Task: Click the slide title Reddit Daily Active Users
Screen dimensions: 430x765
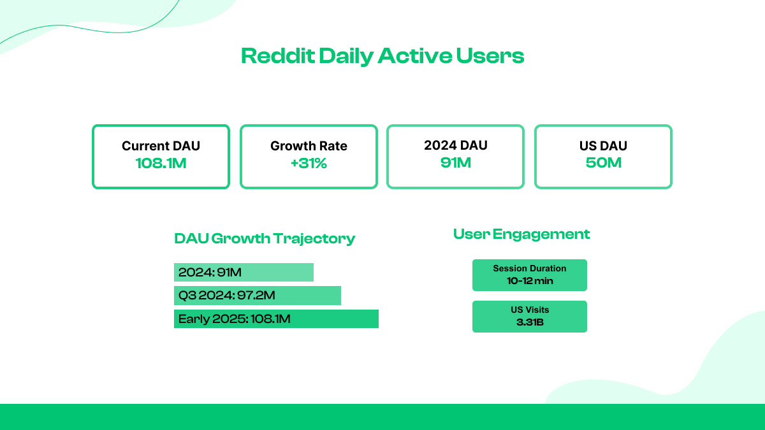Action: (382, 56)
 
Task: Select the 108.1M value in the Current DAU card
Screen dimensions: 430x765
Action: (161, 163)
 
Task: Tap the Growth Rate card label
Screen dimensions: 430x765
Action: (309, 146)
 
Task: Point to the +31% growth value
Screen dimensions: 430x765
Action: (309, 163)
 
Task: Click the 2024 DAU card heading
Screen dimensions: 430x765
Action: (456, 145)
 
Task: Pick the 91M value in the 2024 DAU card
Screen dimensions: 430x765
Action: (456, 162)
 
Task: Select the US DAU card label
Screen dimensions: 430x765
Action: (603, 146)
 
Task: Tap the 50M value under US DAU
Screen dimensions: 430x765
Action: (603, 162)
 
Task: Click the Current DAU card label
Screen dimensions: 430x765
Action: (161, 146)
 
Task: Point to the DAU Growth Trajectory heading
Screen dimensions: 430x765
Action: (265, 239)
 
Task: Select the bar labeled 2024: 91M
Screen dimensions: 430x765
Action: (244, 273)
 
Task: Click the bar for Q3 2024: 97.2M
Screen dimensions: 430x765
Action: (257, 296)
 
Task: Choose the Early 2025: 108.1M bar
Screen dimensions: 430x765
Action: (276, 319)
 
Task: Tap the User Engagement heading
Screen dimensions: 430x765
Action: (521, 234)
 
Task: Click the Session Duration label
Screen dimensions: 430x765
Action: (529, 268)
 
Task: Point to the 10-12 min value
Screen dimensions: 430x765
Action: (529, 280)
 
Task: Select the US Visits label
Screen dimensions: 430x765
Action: (529, 310)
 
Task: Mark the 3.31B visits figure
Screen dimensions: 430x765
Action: (529, 322)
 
